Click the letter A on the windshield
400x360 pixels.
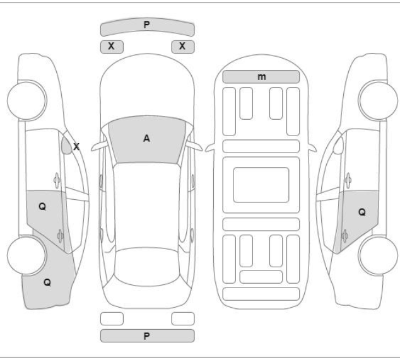[x=146, y=139]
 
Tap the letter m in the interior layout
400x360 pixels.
[x=261, y=77]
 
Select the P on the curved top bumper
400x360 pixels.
[x=146, y=25]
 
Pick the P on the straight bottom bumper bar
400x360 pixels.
[x=146, y=336]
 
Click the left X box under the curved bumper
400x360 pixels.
[x=112, y=47]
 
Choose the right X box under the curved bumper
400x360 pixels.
[x=183, y=47]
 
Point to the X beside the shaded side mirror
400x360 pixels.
[x=76, y=147]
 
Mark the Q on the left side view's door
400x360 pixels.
[x=42, y=207]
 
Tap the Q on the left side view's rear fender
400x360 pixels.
[x=47, y=282]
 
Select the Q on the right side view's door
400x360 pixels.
[x=362, y=212]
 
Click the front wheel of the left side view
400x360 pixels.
[x=26, y=100]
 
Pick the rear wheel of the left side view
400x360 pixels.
[x=26, y=255]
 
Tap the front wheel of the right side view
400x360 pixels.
[x=378, y=100]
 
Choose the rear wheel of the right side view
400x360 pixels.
[x=378, y=256]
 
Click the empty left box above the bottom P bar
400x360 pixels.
[x=112, y=318]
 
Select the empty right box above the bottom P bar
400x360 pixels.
[x=183, y=318]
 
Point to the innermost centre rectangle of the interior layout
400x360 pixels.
[x=261, y=185]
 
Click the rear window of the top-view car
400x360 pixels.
[x=147, y=267]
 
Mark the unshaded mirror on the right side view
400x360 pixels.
[x=338, y=146]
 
